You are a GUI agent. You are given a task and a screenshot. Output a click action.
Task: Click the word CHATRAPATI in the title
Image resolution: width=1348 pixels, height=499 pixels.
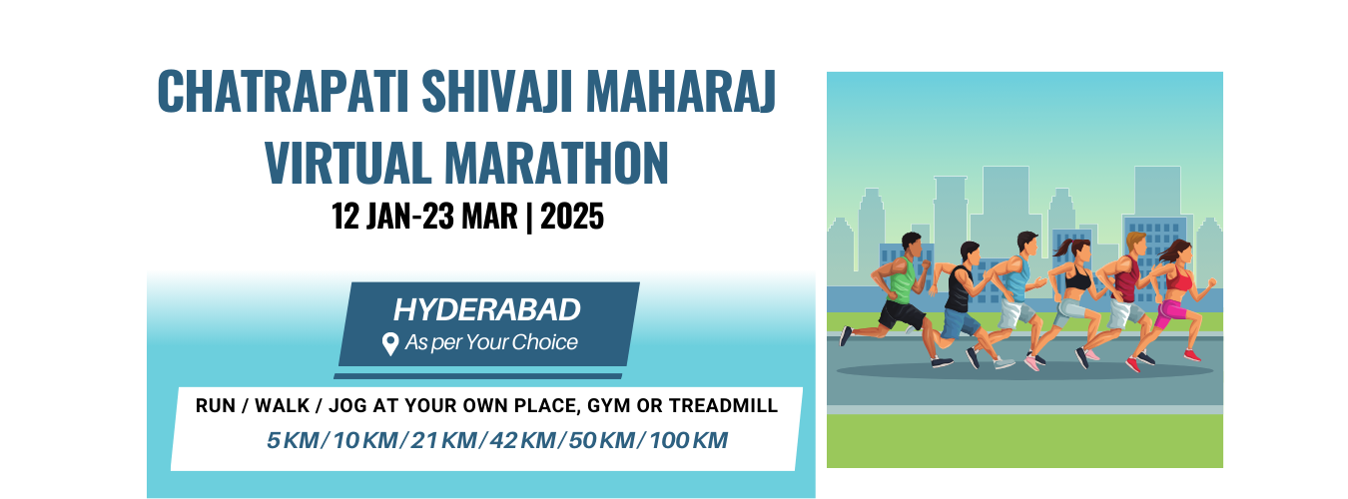click(x=283, y=91)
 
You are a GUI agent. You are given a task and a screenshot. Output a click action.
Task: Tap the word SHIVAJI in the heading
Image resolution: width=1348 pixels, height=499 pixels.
click(x=496, y=91)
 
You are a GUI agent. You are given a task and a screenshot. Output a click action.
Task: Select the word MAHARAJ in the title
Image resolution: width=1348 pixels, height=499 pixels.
click(x=681, y=91)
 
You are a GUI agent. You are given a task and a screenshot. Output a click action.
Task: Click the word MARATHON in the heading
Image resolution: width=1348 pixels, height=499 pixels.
click(x=556, y=163)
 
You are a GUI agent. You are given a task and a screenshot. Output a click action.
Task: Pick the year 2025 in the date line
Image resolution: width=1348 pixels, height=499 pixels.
click(x=572, y=217)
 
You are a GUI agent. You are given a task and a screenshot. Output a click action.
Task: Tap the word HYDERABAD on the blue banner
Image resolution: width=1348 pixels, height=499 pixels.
click(x=487, y=310)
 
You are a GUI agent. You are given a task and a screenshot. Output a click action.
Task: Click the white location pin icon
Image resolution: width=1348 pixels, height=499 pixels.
click(x=390, y=344)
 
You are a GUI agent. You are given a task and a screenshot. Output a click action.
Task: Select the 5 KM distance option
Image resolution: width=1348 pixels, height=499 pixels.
click(x=293, y=441)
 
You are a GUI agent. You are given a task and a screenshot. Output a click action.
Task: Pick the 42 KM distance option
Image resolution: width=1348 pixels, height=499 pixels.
click(x=523, y=441)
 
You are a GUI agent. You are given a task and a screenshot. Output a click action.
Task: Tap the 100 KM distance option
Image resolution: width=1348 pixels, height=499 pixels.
click(x=688, y=441)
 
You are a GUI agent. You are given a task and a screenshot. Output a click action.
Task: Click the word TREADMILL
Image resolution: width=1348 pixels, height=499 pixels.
click(x=723, y=406)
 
